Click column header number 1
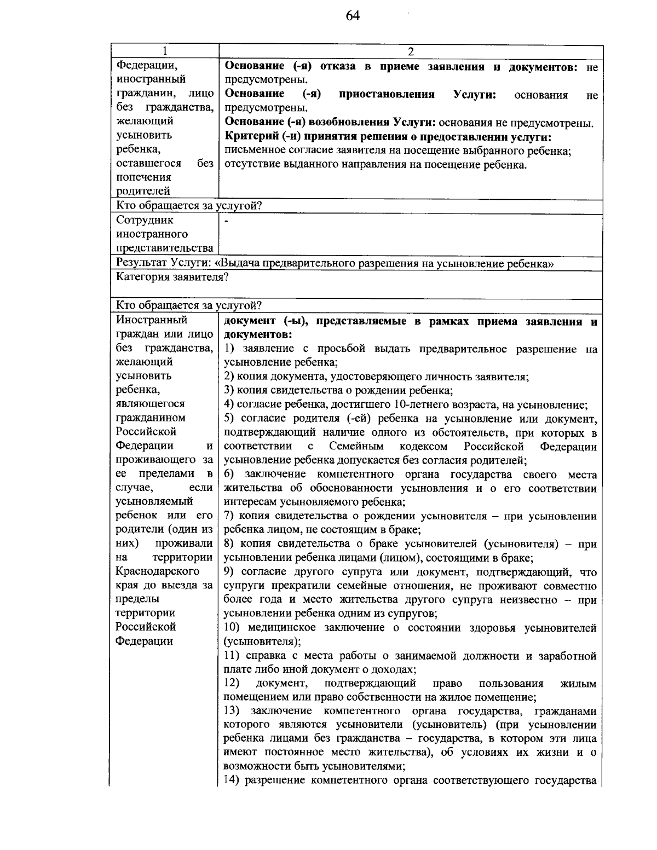[x=164, y=51]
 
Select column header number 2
[x=411, y=51]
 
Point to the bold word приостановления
[x=387, y=94]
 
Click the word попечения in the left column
[x=143, y=177]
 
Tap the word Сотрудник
[x=145, y=220]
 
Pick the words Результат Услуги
[x=163, y=263]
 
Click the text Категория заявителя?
[x=172, y=277]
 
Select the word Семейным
[x=356, y=446]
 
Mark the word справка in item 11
[x=264, y=656]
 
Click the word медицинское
[x=280, y=628]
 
